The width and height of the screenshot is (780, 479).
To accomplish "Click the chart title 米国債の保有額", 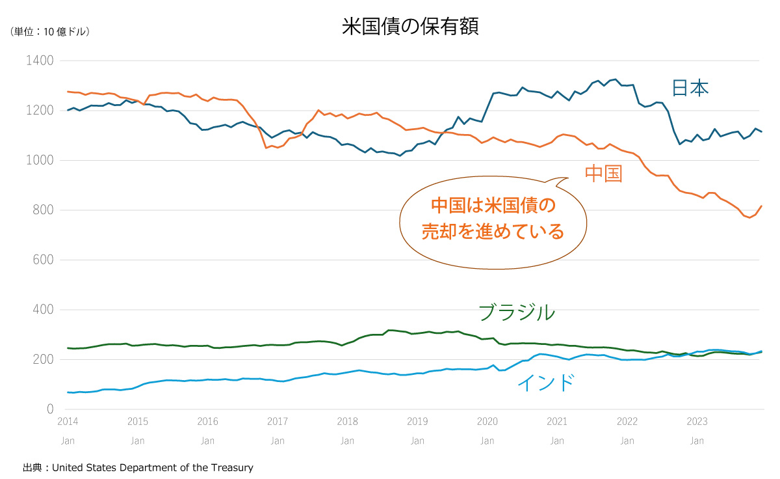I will pyautogui.click(x=410, y=27).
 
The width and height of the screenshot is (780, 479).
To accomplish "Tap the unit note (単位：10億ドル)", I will pyautogui.click(x=50, y=31).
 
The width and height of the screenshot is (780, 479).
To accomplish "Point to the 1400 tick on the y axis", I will pyautogui.click(x=40, y=61).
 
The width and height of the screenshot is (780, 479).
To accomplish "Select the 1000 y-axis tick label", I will pyautogui.click(x=40, y=160).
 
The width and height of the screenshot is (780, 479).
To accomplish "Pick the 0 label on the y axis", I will pyautogui.click(x=49, y=409).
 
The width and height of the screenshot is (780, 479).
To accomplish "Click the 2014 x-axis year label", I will pyautogui.click(x=68, y=422).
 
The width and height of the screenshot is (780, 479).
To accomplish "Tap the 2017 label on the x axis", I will pyautogui.click(x=278, y=422).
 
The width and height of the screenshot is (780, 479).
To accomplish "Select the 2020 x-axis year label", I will pyautogui.click(x=487, y=422).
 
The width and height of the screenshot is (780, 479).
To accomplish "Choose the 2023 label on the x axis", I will pyautogui.click(x=697, y=422).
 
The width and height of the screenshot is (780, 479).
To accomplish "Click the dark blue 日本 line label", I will pyautogui.click(x=690, y=89).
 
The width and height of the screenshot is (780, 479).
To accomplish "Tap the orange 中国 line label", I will pyautogui.click(x=604, y=173).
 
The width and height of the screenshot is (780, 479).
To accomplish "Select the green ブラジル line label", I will pyautogui.click(x=517, y=312).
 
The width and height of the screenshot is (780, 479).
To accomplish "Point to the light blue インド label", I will pyautogui.click(x=546, y=383).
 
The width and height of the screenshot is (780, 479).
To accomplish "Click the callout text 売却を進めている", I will pyautogui.click(x=493, y=231).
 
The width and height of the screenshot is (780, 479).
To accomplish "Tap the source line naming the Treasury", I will pyautogui.click(x=138, y=467).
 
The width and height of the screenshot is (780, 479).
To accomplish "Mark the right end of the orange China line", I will pyautogui.click(x=762, y=206).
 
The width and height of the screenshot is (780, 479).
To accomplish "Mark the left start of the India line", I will pyautogui.click(x=68, y=392).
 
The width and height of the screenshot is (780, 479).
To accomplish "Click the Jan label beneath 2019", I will pyautogui.click(x=417, y=441).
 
